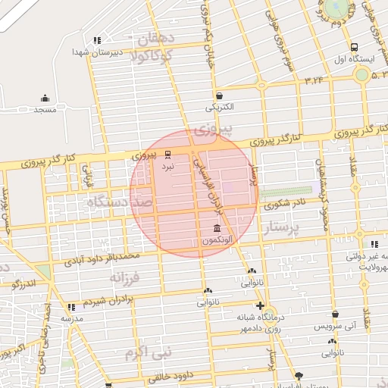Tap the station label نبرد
point(168,164)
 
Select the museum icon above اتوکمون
point(217,229)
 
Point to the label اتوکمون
point(217,240)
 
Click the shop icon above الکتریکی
point(219,96)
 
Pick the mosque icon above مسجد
point(45,98)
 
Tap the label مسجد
point(45,109)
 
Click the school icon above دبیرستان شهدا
point(96,40)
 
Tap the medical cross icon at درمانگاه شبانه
point(260,305)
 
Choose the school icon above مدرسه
point(72,307)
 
